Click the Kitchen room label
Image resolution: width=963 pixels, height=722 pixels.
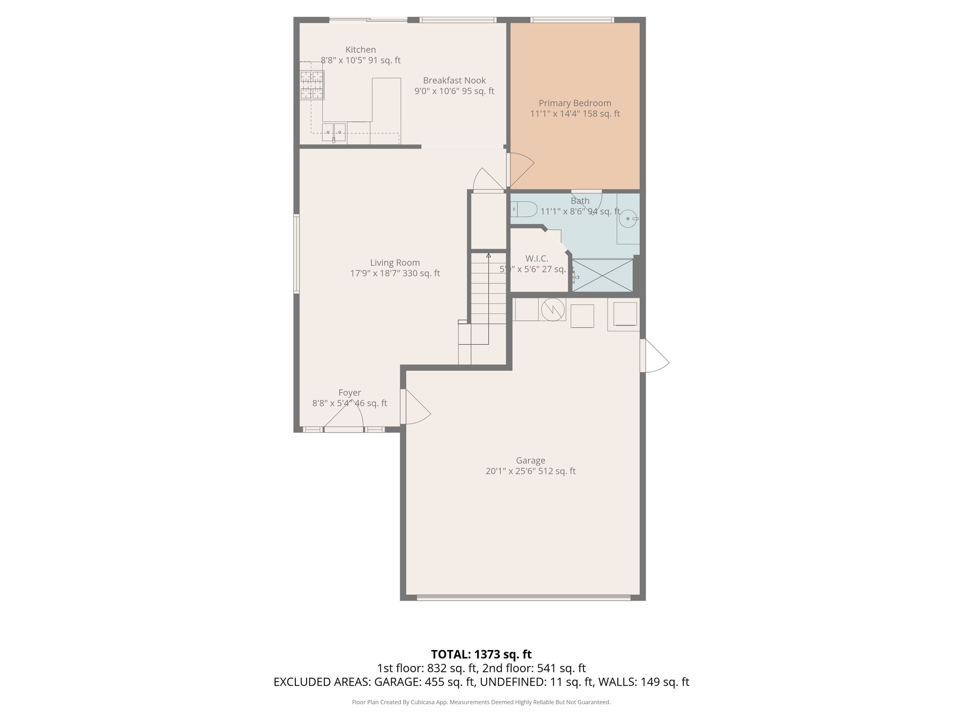(361, 50)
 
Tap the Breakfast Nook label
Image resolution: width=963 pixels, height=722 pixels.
(454, 80)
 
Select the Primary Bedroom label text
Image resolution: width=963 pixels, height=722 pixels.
(575, 103)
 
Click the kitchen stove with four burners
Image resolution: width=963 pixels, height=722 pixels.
(312, 85)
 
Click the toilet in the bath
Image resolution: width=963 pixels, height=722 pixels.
(524, 209)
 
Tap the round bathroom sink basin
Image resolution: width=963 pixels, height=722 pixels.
(628, 219)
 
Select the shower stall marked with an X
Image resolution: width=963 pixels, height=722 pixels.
(603, 275)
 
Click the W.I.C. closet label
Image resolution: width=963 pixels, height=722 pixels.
(537, 259)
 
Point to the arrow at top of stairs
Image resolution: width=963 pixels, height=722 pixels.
(489, 256)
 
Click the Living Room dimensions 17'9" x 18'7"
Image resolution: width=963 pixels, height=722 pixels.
(395, 273)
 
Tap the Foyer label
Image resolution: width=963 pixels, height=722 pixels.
(349, 392)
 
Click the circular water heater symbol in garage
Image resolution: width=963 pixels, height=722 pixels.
(553, 309)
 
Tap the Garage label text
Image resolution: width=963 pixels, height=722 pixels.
(530, 460)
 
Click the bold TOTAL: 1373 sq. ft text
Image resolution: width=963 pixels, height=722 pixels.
(481, 654)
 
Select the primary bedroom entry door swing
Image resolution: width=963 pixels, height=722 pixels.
(520, 169)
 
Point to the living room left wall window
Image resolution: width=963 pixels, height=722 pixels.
(297, 254)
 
